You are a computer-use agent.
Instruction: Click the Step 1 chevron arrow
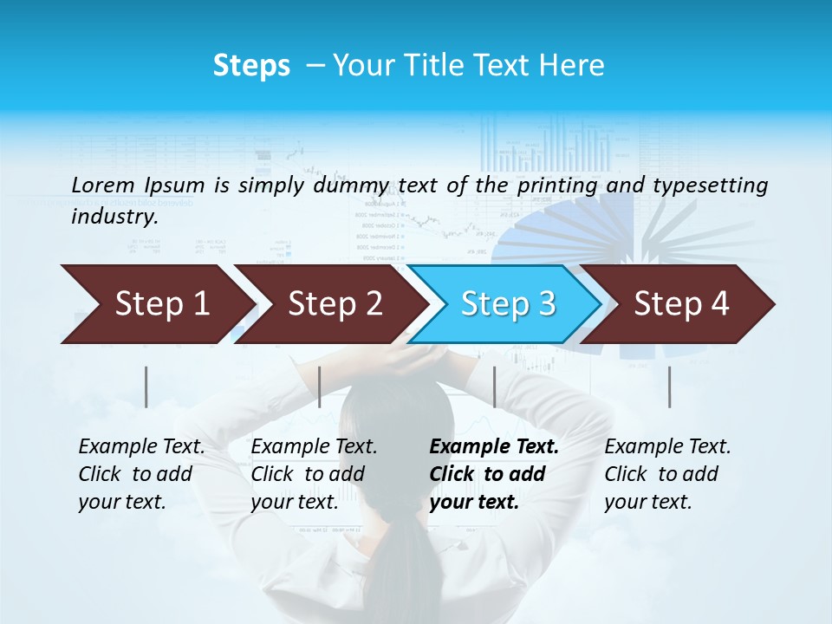click(x=156, y=304)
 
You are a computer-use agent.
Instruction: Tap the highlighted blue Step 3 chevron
click(x=507, y=304)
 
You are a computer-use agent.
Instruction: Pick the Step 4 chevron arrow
click(x=680, y=304)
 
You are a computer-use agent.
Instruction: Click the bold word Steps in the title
click(x=251, y=66)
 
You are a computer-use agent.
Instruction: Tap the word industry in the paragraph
click(x=114, y=216)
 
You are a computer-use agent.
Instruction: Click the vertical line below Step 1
click(x=146, y=387)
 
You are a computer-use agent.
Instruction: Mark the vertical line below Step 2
click(x=320, y=387)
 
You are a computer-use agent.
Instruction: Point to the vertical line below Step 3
click(x=494, y=387)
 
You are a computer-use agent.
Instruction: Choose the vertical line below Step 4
click(x=669, y=387)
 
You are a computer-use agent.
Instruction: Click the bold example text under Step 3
click(x=493, y=474)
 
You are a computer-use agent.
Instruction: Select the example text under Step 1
click(x=140, y=474)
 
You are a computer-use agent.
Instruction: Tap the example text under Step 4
click(x=666, y=474)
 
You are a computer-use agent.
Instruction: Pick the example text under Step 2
click(x=313, y=474)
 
